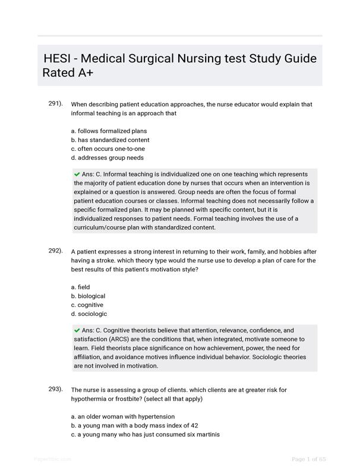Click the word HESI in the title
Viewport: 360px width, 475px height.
59,59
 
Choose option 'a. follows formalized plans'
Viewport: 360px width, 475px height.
109,131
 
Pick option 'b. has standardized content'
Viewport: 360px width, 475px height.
110,140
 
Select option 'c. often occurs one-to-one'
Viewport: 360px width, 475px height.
108,149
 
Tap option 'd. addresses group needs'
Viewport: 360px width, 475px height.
107,158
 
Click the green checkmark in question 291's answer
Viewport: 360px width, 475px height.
77,175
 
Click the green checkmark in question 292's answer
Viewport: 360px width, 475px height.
77,330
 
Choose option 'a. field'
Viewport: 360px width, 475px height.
80,287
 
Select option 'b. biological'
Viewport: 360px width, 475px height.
88,296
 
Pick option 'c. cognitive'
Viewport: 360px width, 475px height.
87,305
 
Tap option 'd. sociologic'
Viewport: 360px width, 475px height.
89,314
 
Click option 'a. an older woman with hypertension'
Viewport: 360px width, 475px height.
122,417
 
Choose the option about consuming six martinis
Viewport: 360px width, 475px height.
145,435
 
